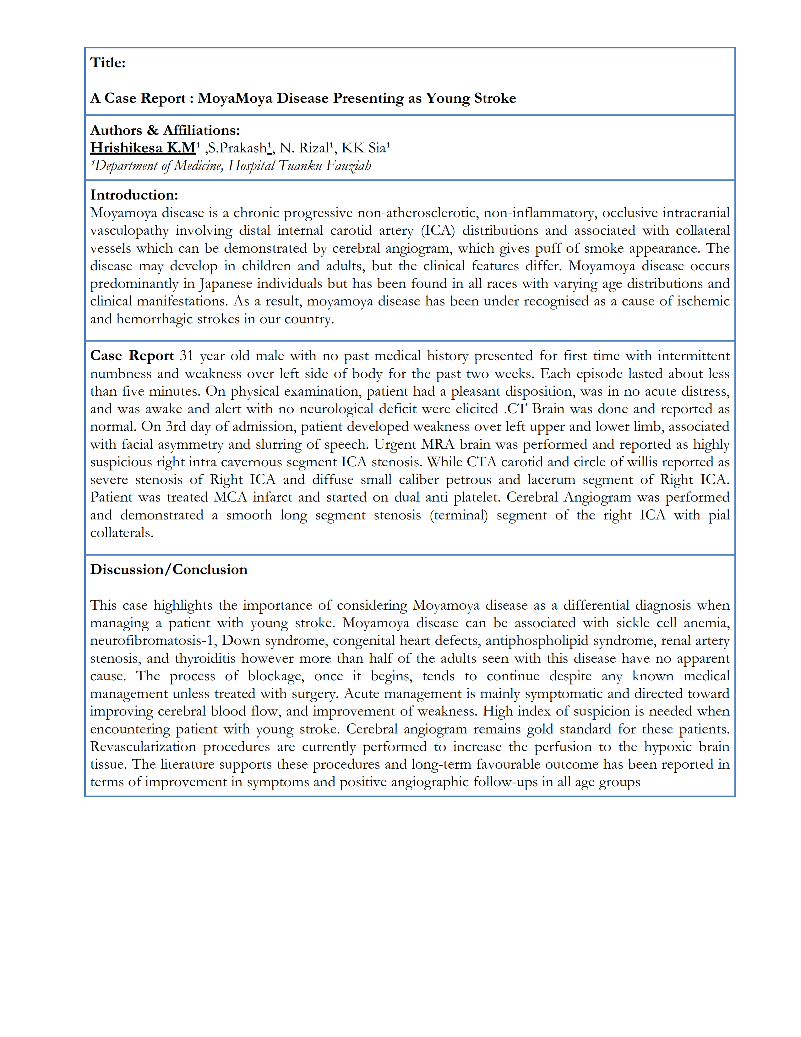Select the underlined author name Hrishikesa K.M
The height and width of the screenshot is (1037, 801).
(x=143, y=148)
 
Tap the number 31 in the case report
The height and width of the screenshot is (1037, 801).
(x=187, y=356)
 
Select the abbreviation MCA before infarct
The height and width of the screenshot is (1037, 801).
(x=231, y=497)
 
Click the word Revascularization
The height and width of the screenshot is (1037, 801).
(x=143, y=747)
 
